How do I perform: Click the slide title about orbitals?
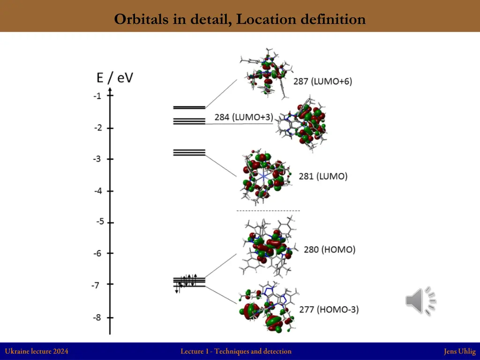tap(240, 19)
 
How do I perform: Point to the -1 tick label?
tap(97, 96)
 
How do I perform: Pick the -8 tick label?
tap(97, 317)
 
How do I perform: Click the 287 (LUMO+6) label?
tap(322, 81)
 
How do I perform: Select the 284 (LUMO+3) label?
tap(244, 117)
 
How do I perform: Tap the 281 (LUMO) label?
tap(323, 176)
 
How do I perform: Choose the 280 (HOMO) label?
tap(330, 249)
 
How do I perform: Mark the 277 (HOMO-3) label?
tap(329, 309)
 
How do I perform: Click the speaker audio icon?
tap(420, 300)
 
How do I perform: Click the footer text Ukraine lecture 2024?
tap(37, 351)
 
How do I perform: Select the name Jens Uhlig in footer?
tap(459, 351)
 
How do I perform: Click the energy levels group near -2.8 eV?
tap(189, 152)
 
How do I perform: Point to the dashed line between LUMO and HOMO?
tap(268, 211)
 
